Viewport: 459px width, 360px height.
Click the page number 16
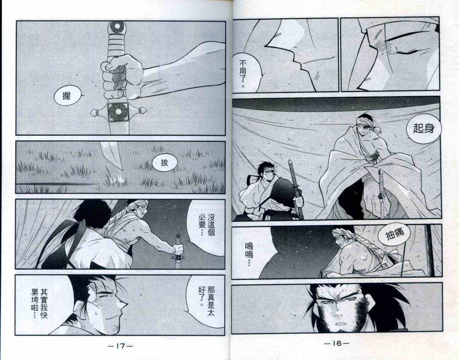pos(337,343)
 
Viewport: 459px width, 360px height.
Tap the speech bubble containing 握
pos(68,96)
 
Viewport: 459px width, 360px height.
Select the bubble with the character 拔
pos(164,163)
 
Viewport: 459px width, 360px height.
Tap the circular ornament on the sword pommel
pos(116,27)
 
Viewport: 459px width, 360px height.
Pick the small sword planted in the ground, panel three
pos(178,251)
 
